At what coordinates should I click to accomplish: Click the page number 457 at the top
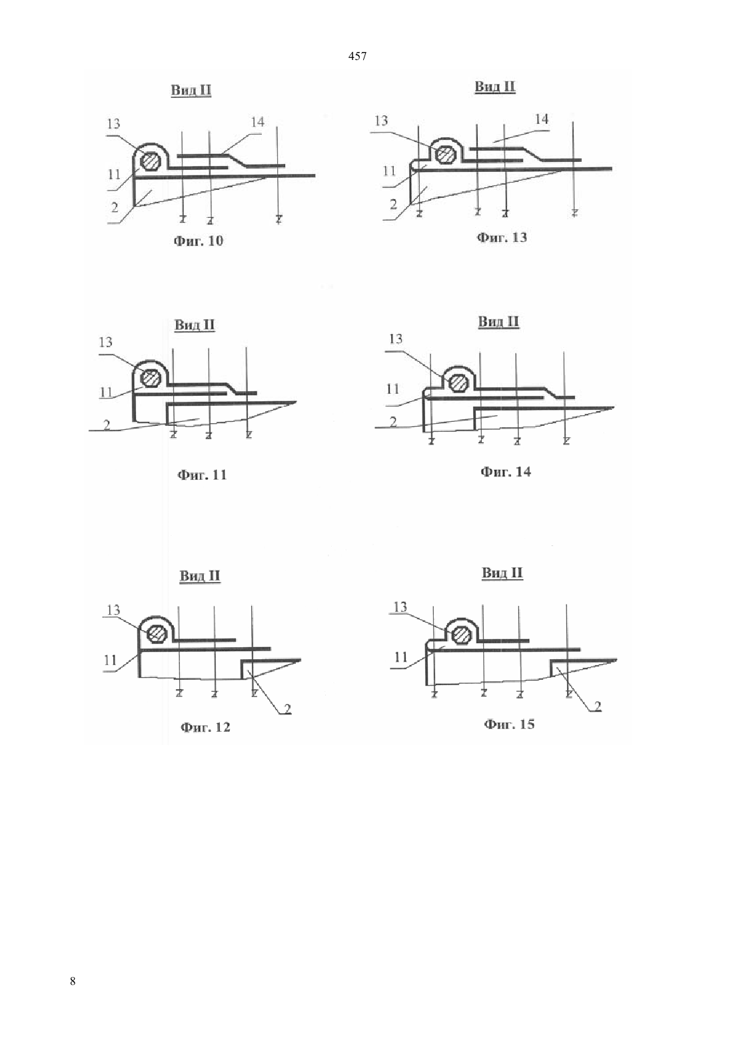click(357, 57)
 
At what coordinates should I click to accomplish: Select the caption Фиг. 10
click(198, 241)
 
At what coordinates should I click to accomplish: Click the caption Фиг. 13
click(502, 238)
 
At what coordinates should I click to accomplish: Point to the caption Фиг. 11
click(202, 475)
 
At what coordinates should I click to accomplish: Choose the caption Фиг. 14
click(506, 473)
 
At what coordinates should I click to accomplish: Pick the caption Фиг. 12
click(205, 727)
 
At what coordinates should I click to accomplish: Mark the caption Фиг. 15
click(509, 724)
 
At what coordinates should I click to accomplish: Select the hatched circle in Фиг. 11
click(151, 379)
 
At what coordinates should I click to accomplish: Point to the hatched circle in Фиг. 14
click(458, 383)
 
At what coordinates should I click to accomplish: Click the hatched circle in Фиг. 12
click(157, 633)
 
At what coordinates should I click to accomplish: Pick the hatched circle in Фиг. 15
click(461, 634)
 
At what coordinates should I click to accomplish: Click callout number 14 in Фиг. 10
click(257, 122)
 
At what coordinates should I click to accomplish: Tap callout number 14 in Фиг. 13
click(541, 119)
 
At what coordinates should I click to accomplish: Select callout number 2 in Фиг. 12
click(287, 708)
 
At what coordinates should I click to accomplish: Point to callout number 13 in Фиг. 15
click(400, 606)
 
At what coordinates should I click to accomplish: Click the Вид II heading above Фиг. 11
click(195, 325)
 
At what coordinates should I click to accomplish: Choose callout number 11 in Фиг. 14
click(392, 389)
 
